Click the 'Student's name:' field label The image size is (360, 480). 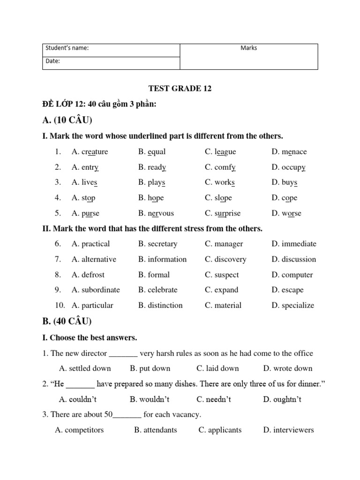(x=67, y=48)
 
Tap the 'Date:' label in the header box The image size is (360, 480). (x=52, y=61)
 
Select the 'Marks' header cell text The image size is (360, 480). (x=248, y=48)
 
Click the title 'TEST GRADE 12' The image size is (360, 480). (x=180, y=89)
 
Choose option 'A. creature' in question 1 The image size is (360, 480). (x=90, y=152)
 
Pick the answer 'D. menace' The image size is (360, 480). (x=289, y=152)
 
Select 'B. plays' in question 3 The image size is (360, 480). (x=152, y=182)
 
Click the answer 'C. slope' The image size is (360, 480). (x=218, y=198)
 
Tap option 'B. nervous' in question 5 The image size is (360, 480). (x=156, y=213)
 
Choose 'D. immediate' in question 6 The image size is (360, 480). (x=294, y=244)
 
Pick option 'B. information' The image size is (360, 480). (x=162, y=259)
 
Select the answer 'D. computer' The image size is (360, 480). (x=292, y=275)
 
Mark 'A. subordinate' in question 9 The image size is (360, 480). (x=96, y=290)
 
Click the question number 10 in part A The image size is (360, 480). (x=60, y=306)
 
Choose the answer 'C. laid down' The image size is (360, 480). (x=217, y=368)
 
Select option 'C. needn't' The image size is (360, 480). (x=214, y=399)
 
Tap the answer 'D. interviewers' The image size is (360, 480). (x=288, y=430)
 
